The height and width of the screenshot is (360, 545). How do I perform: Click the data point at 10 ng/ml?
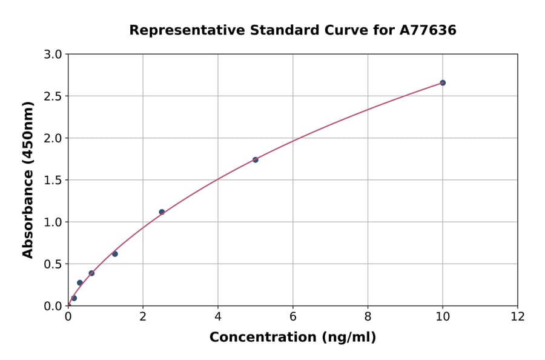click(x=443, y=82)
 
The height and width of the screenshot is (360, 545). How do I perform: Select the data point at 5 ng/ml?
click(x=256, y=160)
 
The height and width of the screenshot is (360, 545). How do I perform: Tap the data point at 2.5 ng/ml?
click(x=162, y=212)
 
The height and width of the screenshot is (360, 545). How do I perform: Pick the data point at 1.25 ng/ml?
click(x=115, y=254)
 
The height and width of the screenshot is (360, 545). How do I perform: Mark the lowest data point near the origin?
click(x=74, y=298)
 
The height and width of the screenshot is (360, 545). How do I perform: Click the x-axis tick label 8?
click(x=368, y=316)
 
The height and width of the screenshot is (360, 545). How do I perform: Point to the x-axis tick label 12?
click(x=518, y=316)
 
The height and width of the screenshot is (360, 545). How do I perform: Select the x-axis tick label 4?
click(x=218, y=316)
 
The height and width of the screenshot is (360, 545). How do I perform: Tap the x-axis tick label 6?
click(x=293, y=316)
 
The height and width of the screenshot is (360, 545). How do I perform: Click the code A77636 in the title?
click(x=428, y=30)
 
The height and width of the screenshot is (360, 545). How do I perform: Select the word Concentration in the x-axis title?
click(x=263, y=338)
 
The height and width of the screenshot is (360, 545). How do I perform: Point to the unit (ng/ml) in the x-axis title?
click(x=348, y=338)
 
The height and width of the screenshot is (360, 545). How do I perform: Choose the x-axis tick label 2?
click(x=143, y=316)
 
